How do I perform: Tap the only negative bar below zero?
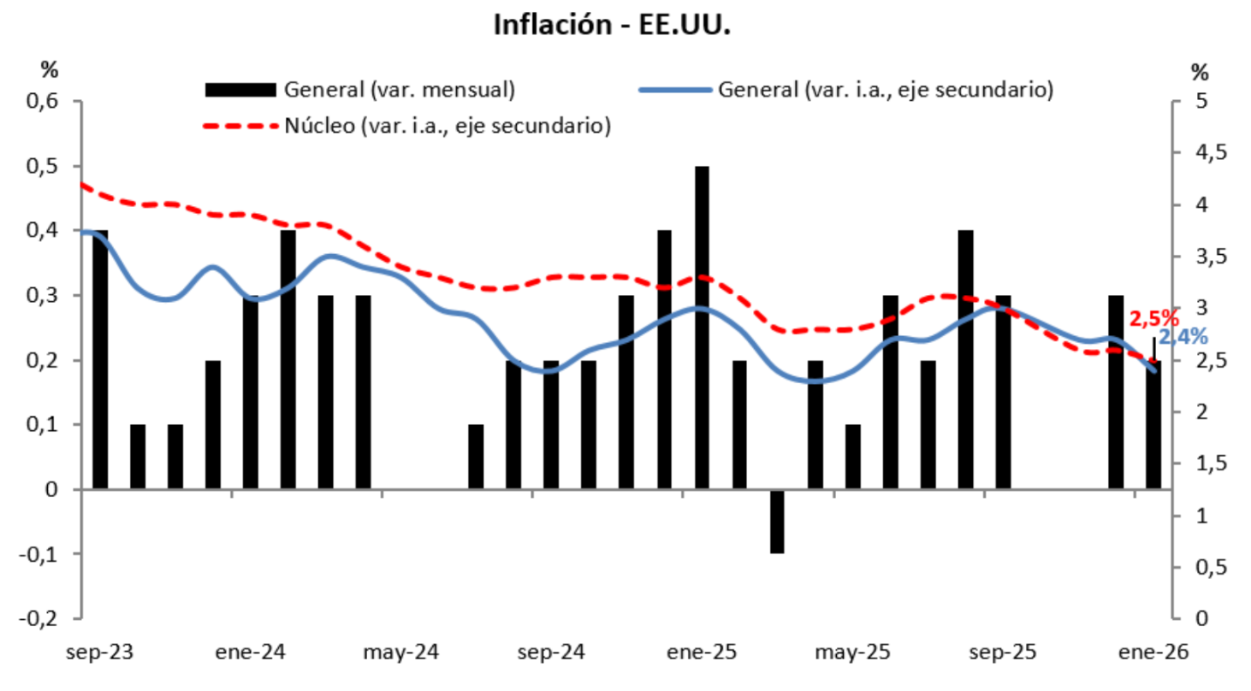point(777,522)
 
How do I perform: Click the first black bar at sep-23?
point(100,359)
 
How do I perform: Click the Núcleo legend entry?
point(445,127)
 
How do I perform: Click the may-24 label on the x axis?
point(401,653)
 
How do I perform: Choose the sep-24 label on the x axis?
point(553,653)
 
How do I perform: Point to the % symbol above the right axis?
point(1201,72)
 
